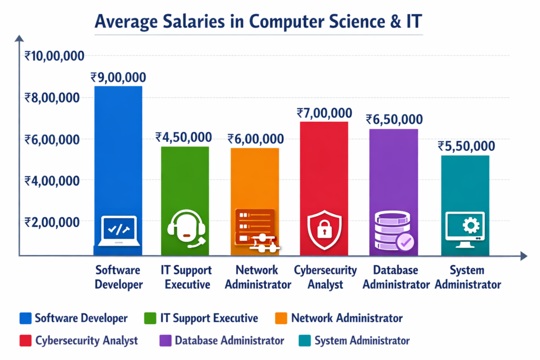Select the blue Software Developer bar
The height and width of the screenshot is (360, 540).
pyautogui.click(x=118, y=158)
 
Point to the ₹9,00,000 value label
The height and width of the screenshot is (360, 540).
pyautogui.click(x=118, y=77)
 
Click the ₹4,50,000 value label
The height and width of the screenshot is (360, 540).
pyautogui.click(x=184, y=137)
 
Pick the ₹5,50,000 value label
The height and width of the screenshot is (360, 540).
pyautogui.click(x=467, y=146)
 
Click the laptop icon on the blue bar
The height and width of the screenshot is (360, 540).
pyautogui.click(x=118, y=231)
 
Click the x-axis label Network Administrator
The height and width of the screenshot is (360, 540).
pyautogui.click(x=257, y=277)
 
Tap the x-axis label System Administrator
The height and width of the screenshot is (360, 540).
pyautogui.click(x=467, y=277)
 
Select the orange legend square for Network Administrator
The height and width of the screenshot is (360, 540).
pyautogui.click(x=282, y=318)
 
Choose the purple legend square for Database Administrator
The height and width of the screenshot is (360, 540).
pyautogui.click(x=165, y=340)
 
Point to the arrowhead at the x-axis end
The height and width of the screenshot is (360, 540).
pyautogui.click(x=523, y=256)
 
